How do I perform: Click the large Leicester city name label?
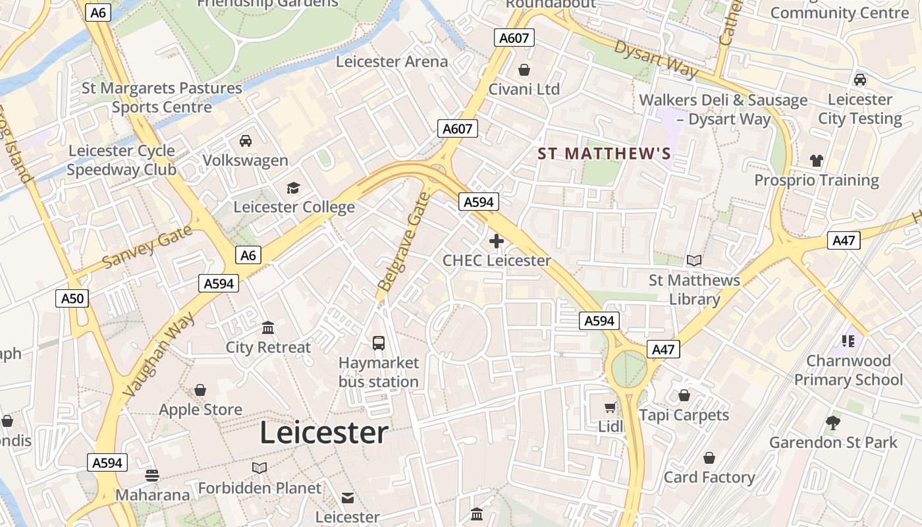tap(323, 433)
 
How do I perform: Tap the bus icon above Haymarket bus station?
tap(379, 343)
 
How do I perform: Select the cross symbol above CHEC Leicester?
tap(497, 242)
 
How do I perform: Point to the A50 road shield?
tap(72, 299)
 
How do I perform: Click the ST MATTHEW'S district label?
tap(604, 154)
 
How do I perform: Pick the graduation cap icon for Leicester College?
tap(294, 188)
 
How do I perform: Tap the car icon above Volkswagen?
tap(246, 141)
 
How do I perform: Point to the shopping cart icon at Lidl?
tap(610, 407)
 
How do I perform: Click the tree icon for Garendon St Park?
tap(833, 423)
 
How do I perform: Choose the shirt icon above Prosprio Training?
tap(817, 161)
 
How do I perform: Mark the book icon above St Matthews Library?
tap(694, 261)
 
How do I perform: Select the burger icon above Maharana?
tap(152, 476)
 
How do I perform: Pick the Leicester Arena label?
tap(392, 62)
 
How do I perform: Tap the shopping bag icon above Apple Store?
tap(200, 390)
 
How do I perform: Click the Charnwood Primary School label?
tap(848, 370)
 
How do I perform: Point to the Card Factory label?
tap(709, 477)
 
